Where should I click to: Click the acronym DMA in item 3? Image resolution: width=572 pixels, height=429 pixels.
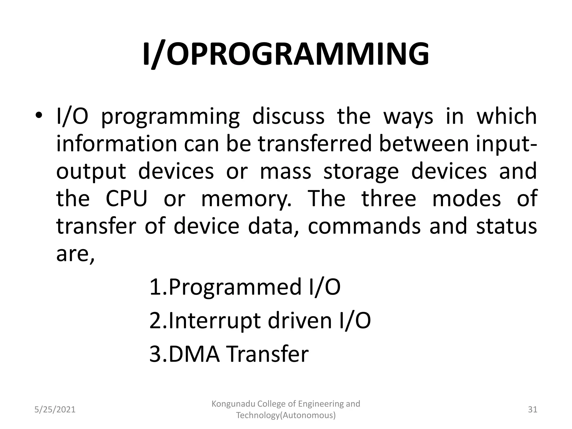194,354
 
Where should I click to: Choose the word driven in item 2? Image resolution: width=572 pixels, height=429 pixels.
299,321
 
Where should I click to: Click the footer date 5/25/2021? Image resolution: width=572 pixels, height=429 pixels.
55,410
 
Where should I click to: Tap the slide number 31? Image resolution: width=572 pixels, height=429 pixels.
533,410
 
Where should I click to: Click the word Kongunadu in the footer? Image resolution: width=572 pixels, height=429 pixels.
233,404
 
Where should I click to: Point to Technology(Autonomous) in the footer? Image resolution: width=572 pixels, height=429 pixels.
286,416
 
